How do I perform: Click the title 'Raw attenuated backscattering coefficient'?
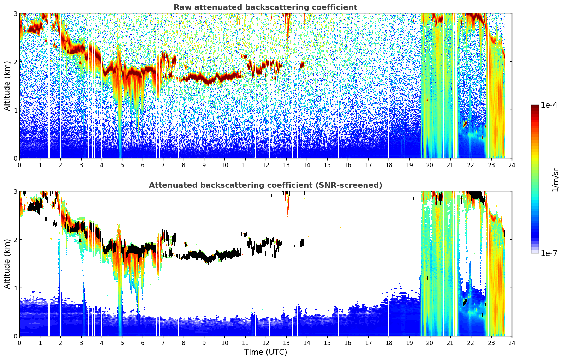(265, 7)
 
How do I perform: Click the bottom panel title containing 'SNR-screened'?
(265, 185)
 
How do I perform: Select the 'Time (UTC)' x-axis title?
(265, 352)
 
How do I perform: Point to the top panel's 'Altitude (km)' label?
(7, 86)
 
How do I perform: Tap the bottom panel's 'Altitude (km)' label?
(7, 264)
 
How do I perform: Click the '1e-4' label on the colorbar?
(549, 105)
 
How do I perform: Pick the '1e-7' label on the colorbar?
(549, 253)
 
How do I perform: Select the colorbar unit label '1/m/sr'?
(555, 180)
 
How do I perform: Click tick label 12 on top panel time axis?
(266, 165)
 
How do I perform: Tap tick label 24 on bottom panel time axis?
(512, 343)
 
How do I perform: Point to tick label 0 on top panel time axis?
(20, 165)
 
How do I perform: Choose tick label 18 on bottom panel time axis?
(389, 343)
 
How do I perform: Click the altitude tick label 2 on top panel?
(15, 62)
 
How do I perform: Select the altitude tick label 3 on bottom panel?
(15, 192)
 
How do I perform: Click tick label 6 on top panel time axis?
(143, 165)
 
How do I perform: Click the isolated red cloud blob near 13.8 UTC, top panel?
(302, 65)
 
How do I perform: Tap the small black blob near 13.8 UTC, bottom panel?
(302, 243)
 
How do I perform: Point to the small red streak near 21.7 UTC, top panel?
(465, 124)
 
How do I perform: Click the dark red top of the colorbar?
(535, 107)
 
